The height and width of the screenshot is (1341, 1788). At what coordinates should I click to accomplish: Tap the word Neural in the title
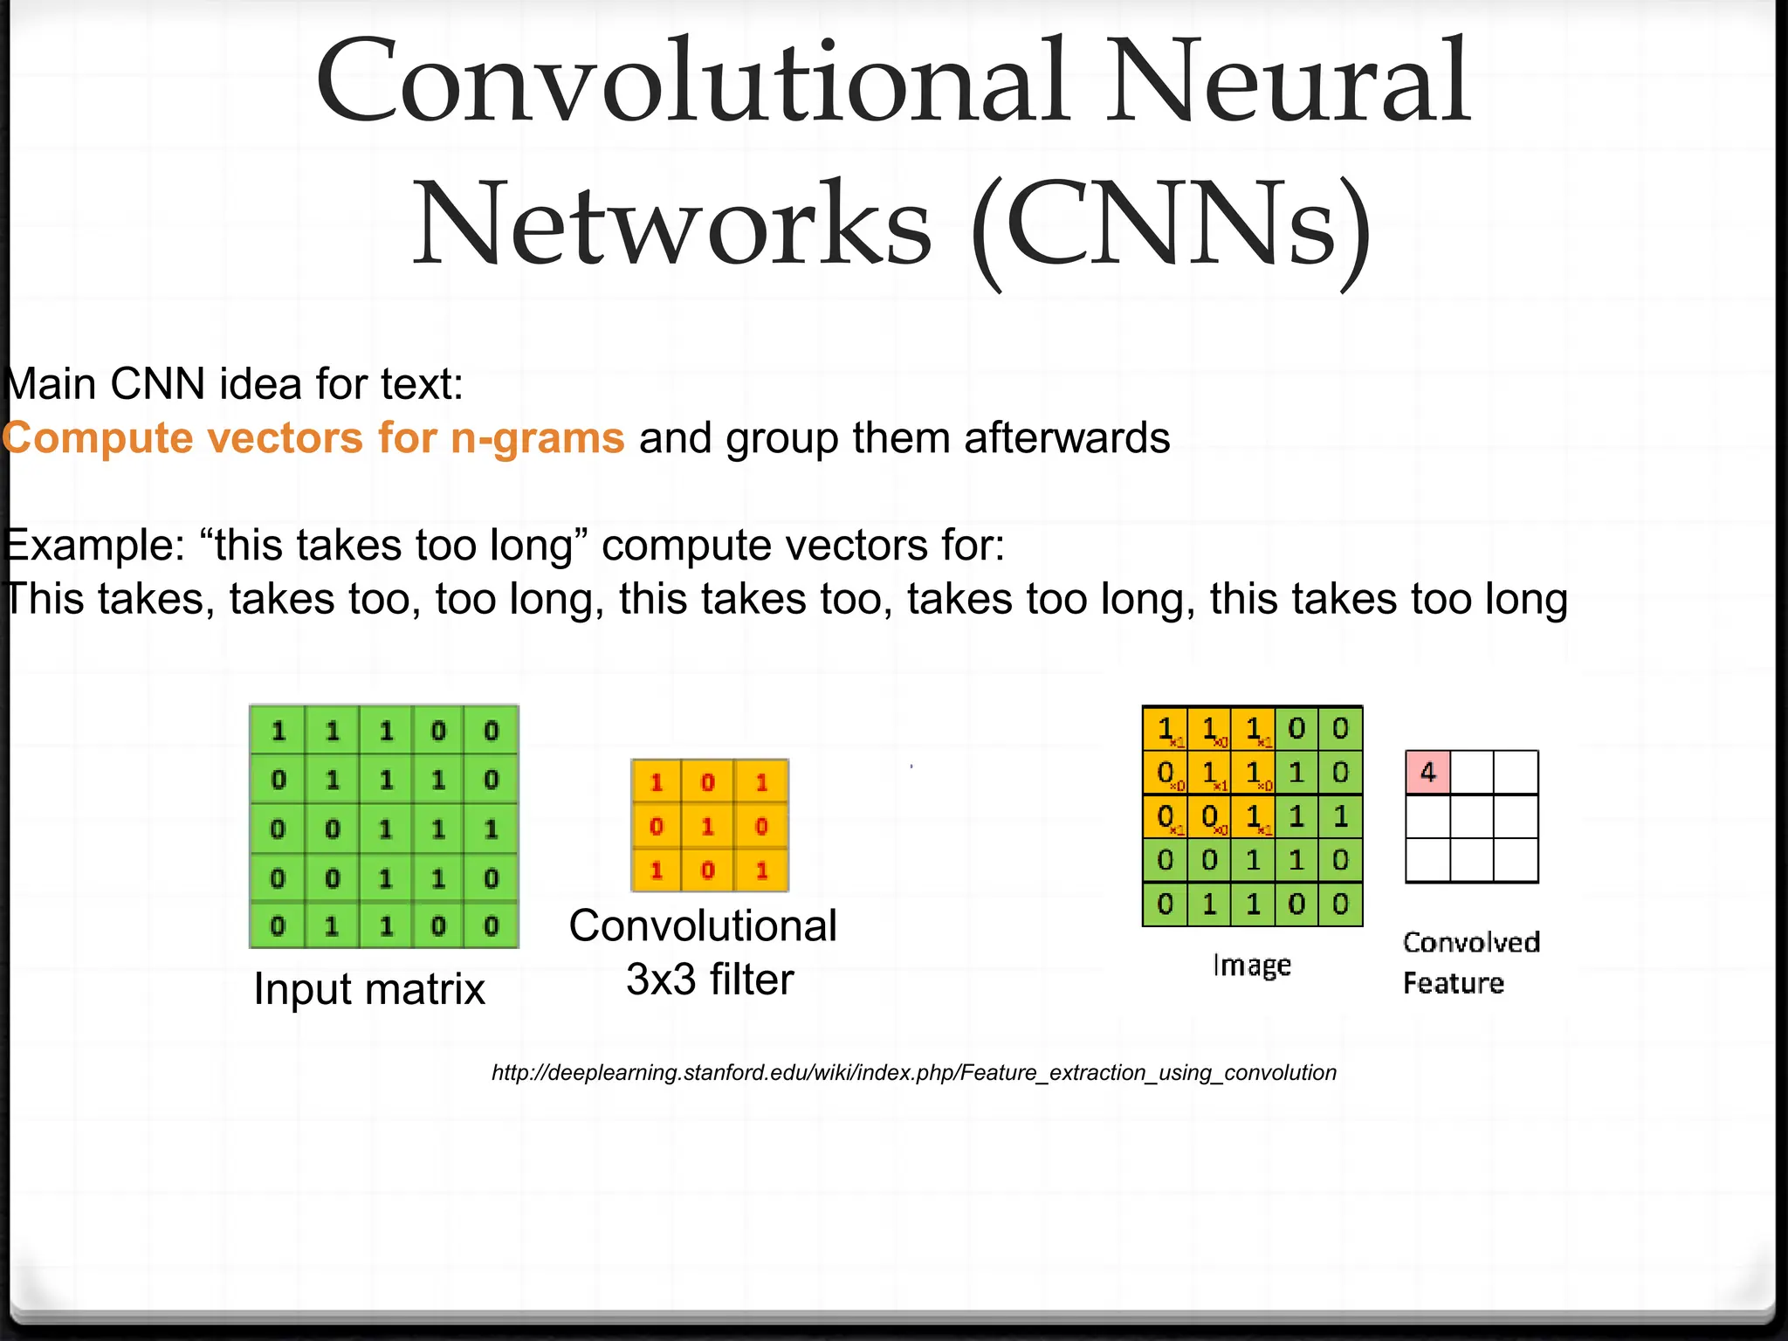tap(1289, 84)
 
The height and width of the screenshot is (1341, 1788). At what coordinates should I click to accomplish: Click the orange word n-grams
tap(538, 438)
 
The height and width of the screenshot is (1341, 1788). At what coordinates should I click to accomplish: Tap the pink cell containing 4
tap(1428, 773)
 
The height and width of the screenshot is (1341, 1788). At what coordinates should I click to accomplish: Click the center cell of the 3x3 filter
tap(708, 826)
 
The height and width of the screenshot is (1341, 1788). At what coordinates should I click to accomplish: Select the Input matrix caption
tap(368, 989)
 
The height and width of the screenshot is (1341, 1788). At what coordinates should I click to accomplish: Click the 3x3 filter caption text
tap(710, 980)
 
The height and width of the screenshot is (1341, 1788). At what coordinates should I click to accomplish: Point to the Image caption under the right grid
tap(1252, 966)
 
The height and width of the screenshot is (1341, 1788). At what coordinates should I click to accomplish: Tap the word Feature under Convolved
tap(1453, 984)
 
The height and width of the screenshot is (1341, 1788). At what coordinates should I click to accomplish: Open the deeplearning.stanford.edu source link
tap(913, 1073)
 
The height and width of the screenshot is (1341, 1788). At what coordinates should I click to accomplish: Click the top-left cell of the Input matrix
tap(278, 731)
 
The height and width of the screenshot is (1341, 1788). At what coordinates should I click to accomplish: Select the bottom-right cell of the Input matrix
tap(492, 925)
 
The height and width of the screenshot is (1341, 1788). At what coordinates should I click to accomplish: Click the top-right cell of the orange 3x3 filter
tap(761, 782)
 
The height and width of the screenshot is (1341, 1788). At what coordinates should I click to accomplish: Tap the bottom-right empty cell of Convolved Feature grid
tap(1516, 861)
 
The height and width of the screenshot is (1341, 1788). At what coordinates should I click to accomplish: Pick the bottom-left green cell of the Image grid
tap(1165, 904)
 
